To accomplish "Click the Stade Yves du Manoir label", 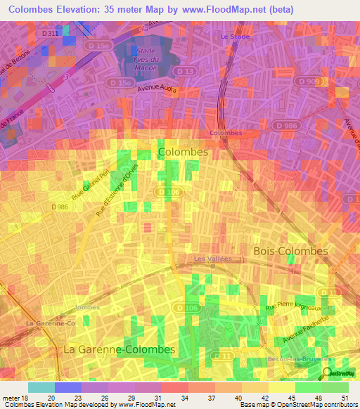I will (x=146, y=60).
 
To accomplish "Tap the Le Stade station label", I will (x=235, y=36).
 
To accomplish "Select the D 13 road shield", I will (x=185, y=72).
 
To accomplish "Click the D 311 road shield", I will (x=50, y=33).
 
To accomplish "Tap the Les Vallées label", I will (x=213, y=259).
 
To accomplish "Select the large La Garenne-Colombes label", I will (x=119, y=349).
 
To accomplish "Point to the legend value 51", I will (x=345, y=398).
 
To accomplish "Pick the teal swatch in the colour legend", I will (x=41, y=387).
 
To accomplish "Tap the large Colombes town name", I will (x=183, y=152).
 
